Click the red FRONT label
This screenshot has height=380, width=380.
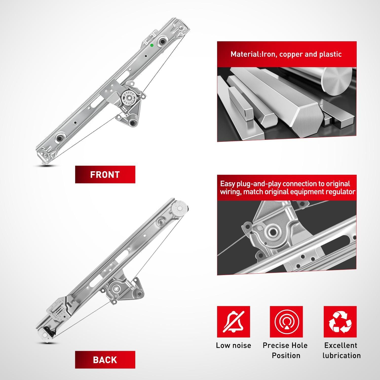point(105,175)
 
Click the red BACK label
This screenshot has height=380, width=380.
point(105,360)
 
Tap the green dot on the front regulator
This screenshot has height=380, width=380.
point(152,45)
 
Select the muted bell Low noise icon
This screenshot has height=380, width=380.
point(233,322)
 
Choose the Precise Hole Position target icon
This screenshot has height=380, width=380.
point(286,322)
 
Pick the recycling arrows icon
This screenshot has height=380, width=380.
point(340,322)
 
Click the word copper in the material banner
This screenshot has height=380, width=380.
point(291,54)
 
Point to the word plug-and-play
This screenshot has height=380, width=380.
point(259,184)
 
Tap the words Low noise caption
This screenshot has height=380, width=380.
point(234,345)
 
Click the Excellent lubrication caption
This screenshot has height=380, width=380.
point(341,350)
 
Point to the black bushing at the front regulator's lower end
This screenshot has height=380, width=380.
point(60,138)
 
